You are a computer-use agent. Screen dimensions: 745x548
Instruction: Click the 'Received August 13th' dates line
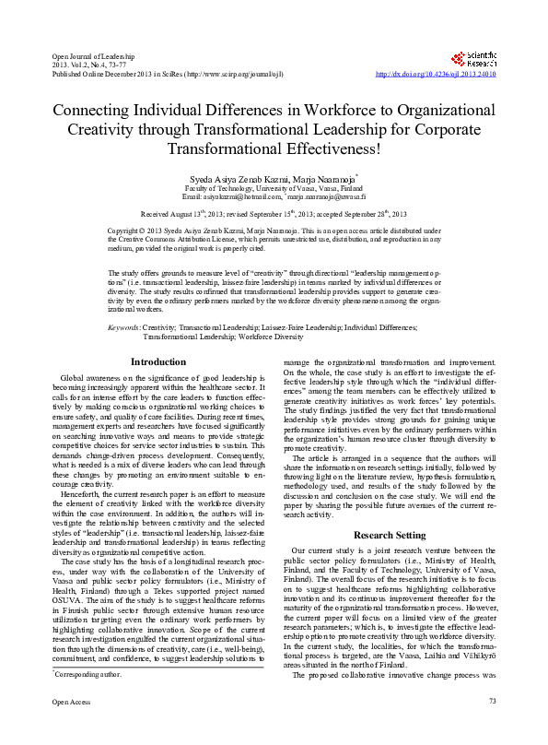click(x=274, y=212)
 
